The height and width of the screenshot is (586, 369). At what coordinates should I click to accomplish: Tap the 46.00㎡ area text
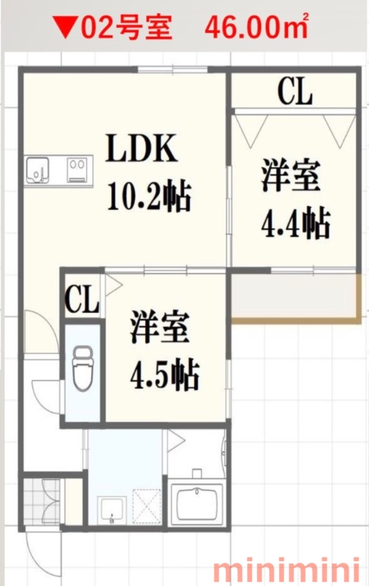coord(256,27)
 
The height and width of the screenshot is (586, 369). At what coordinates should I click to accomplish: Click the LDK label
coord(141,148)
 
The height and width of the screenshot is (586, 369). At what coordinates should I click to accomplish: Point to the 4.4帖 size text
coord(295,223)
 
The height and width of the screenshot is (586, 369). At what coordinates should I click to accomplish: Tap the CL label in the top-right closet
coord(294,91)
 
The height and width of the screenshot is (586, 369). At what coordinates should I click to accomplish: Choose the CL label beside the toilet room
coord(82,300)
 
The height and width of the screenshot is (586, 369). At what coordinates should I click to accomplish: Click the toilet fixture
coord(83,368)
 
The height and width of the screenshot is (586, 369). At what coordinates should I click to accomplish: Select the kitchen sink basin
coord(37,171)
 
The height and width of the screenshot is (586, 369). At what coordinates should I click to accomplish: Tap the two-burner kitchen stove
coord(77,170)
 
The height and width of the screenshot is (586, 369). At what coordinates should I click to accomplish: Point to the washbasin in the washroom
coord(111,510)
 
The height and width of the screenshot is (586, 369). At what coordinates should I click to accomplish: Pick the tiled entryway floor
coord(42,502)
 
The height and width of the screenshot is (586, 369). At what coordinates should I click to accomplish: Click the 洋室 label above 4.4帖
coord(290,175)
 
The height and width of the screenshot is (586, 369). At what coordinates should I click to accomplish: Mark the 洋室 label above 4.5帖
coord(160,327)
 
